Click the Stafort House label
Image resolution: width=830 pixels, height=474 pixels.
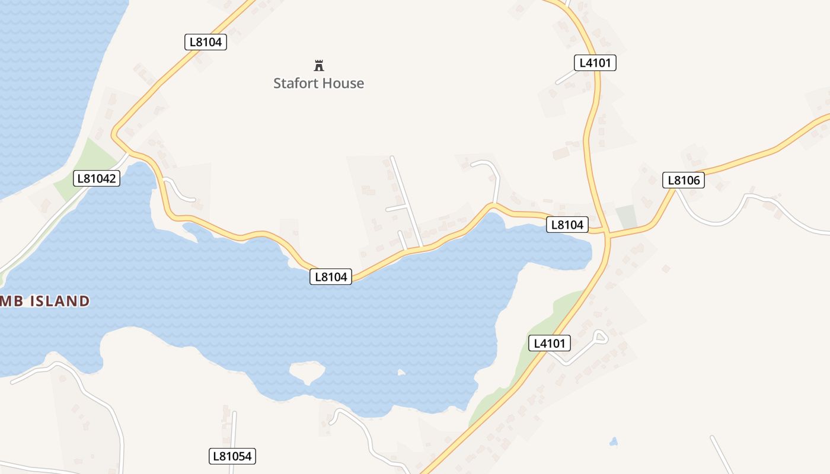(x=318, y=84)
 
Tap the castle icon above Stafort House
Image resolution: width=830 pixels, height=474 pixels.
(x=319, y=65)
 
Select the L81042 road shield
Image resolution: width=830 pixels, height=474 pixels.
(x=97, y=178)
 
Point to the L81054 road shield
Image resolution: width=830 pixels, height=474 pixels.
(x=232, y=456)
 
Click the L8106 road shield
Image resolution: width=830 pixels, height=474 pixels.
(x=683, y=180)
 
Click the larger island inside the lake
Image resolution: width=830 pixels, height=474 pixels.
(x=307, y=372)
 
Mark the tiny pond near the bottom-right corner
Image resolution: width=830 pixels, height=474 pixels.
(x=613, y=442)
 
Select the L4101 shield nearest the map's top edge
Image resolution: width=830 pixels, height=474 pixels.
(x=595, y=63)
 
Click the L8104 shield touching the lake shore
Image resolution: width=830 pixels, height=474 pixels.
(x=331, y=276)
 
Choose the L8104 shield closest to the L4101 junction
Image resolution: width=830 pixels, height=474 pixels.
(x=567, y=225)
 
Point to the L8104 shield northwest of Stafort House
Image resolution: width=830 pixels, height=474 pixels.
(x=205, y=42)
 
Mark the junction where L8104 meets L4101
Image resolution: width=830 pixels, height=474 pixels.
(x=606, y=232)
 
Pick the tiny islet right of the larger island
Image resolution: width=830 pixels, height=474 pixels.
(x=401, y=373)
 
